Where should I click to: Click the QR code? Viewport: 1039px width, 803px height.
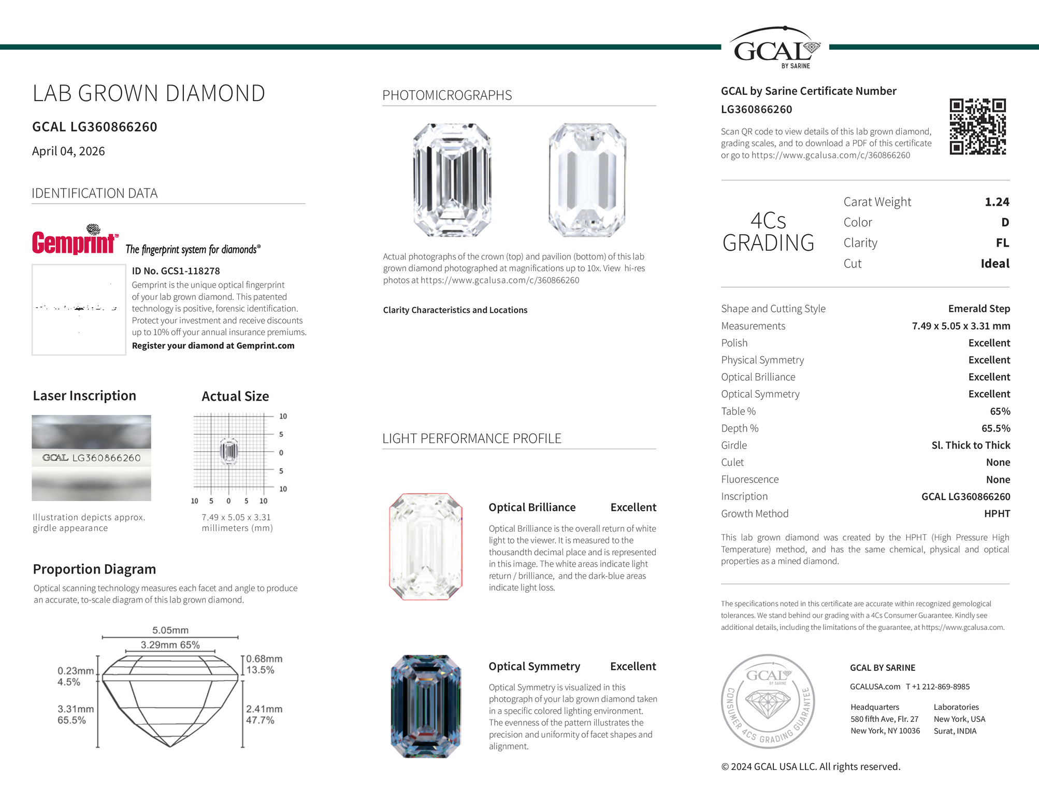977,126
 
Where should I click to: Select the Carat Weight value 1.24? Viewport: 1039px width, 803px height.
997,202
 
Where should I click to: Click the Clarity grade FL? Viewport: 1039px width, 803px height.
1002,243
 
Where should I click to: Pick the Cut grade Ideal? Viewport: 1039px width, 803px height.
994,264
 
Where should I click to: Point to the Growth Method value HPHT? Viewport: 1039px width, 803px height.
997,514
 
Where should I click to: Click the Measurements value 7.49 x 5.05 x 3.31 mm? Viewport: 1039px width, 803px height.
961,326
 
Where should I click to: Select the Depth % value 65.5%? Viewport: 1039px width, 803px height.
995,428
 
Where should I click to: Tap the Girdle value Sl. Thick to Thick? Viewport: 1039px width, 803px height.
971,446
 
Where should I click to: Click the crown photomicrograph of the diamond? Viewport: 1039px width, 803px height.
452,180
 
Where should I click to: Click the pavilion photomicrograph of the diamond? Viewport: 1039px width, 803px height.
587,180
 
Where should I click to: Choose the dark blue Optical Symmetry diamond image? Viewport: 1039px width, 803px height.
426,706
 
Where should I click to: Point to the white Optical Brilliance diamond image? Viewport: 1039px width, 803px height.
426,547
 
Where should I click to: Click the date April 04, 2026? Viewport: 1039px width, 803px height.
68,151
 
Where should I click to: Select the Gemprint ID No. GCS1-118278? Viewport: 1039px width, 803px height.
176,271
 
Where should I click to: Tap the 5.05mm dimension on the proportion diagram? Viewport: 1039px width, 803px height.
170,630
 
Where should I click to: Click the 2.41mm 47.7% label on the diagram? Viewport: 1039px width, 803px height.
264,714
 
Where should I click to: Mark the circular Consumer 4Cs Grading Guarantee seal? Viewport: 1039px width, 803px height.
768,701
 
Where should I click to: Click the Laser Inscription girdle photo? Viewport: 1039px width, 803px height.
91,458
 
